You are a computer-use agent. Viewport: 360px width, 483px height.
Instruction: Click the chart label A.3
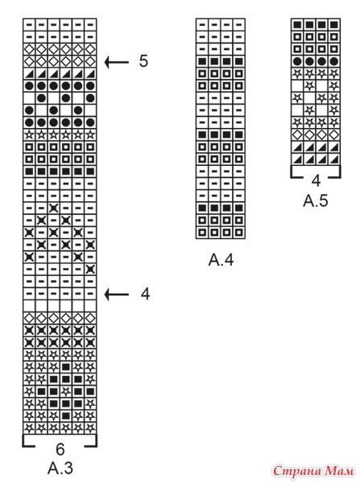pos(60,469)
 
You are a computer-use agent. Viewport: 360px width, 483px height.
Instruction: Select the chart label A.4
pos(221,260)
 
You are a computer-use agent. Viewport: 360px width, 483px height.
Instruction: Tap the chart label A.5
pos(316,200)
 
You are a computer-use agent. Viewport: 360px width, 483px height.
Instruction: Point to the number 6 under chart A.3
pos(60,449)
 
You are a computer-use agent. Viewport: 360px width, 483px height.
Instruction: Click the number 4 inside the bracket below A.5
pos(316,180)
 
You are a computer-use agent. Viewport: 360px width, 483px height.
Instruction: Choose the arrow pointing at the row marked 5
pos(117,62)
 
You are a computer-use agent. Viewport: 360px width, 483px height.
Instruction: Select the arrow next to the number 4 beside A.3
pos(117,295)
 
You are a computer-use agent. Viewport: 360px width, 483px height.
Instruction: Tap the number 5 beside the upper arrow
pos(143,61)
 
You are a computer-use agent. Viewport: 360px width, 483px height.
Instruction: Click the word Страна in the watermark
pos(297,470)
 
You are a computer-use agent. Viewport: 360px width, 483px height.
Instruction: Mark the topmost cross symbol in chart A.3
pos(54,208)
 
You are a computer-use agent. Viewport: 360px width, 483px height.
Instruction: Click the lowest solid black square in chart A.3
pos(66,416)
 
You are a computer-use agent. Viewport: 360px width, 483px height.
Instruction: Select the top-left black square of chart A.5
pos(297,25)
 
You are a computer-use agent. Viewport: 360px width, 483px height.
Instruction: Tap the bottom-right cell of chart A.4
pos(239,233)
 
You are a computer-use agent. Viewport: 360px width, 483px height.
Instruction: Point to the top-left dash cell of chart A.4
pos(202,25)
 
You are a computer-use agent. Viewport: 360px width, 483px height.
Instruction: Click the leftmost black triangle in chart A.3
pos(29,74)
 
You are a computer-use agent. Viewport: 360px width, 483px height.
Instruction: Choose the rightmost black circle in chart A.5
pos(334,61)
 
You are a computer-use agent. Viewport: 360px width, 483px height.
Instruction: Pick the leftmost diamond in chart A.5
pos(297,134)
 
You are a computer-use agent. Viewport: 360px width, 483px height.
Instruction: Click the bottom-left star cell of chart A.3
pos(29,428)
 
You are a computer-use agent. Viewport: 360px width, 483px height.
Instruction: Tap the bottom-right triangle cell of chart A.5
pos(334,159)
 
